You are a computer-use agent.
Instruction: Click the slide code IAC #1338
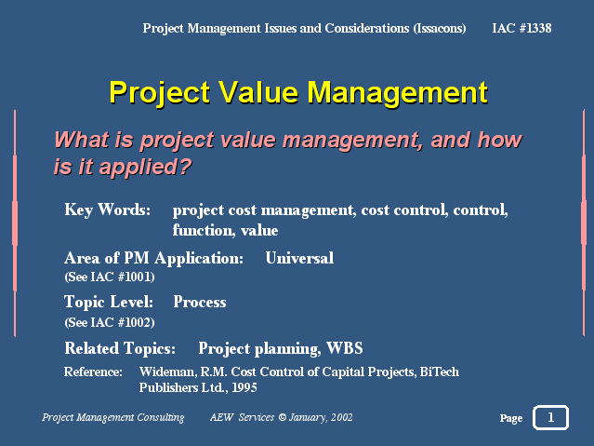pos(521,28)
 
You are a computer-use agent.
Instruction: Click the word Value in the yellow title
pos(258,92)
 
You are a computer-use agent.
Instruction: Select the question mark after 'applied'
pos(186,167)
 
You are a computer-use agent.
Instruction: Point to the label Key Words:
pos(108,209)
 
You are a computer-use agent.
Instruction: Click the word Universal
pos(299,258)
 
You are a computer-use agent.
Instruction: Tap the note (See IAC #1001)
pos(110,277)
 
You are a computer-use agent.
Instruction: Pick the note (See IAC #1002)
pos(110,322)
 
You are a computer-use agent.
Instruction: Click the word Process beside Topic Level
pos(200,302)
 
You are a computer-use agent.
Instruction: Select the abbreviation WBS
pos(345,348)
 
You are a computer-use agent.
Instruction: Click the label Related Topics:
pos(120,348)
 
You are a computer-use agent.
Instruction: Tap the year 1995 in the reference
pos(244,387)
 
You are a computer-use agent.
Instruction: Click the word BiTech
pos(440,372)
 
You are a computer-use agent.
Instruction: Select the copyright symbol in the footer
pos(283,417)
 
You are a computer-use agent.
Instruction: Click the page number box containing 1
pos(550,417)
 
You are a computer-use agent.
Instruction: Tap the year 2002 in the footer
pos(342,417)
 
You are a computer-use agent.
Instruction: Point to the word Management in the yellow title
pos(397,92)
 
